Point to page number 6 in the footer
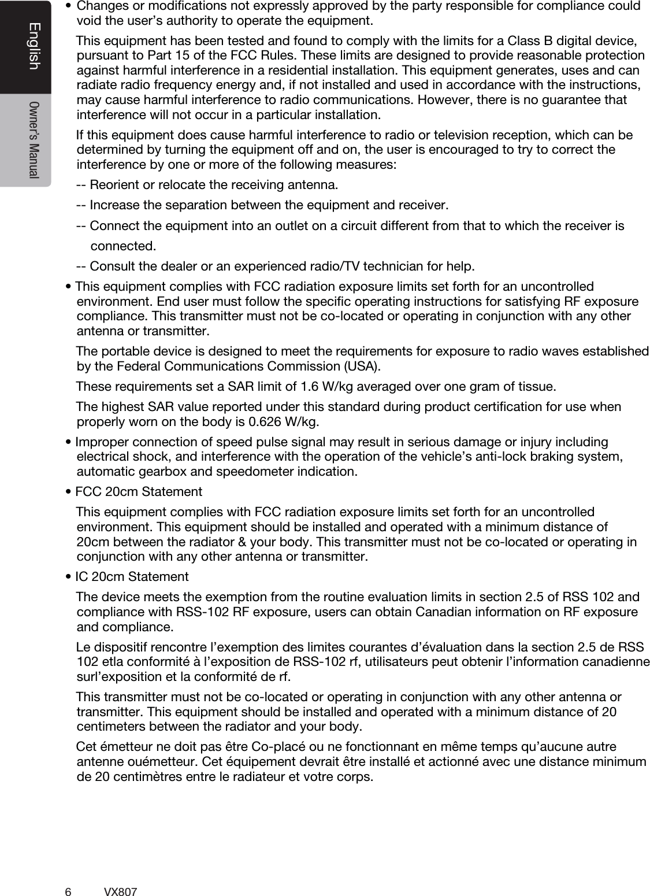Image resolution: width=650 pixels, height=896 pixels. tap(68, 876)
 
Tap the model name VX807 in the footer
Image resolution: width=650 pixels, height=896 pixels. tap(120, 876)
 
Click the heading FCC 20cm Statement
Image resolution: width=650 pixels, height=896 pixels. tap(139, 492)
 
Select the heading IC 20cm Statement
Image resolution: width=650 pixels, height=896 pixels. tap(132, 577)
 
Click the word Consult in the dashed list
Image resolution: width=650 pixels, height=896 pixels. tap(112, 266)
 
